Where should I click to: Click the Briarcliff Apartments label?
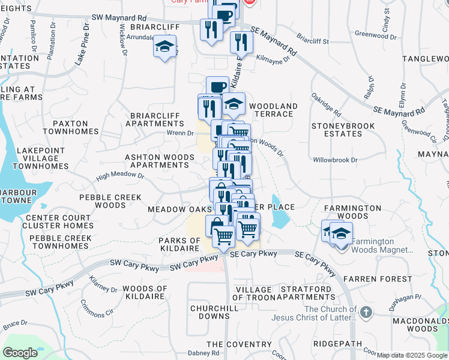[x=155, y=119]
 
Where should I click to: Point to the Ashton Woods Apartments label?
[x=159, y=161]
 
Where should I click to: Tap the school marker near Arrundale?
[x=164, y=47]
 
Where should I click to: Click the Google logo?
[x=20, y=353]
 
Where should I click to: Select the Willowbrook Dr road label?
[x=335, y=160]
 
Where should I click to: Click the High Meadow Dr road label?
[x=120, y=176]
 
